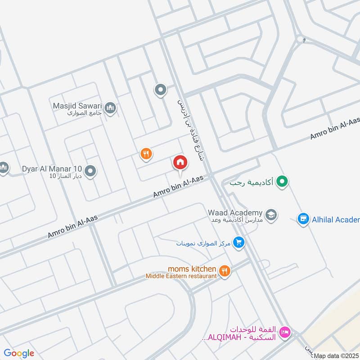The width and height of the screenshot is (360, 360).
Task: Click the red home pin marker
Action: pos(180,162)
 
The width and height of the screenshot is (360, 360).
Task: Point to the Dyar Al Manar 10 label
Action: pos(52,170)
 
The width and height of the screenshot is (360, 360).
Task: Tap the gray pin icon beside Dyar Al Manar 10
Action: pos(90,171)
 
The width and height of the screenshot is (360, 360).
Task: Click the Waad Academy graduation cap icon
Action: pos(271,215)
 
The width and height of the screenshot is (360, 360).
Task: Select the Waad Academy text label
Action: pos(234,212)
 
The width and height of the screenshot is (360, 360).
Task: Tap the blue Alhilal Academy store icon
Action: pos(303,219)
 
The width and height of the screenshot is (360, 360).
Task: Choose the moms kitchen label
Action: pos(192,269)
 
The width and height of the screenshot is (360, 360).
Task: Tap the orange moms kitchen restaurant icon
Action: pos(225,270)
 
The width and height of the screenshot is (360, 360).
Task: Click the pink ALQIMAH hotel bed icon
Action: pos(284,333)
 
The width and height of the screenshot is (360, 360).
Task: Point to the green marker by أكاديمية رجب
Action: pos(282,182)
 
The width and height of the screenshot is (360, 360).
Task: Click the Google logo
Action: pos(19,353)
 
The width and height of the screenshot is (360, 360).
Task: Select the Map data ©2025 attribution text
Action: pos(336,356)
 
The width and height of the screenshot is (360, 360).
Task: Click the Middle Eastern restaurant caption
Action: pos(181,276)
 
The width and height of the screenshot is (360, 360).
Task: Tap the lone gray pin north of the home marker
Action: pos(160,90)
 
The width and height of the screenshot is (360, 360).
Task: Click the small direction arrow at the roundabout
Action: pos(304,40)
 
